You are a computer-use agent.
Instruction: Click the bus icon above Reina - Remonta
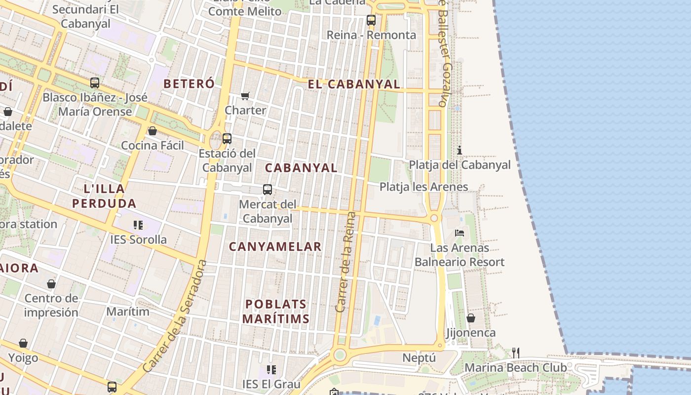(x=371, y=20)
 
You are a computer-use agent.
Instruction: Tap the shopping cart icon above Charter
(x=245, y=95)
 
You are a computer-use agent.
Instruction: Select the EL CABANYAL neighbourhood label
(x=354, y=84)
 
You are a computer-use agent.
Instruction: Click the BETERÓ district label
(x=189, y=84)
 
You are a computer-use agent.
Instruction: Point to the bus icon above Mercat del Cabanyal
(x=268, y=190)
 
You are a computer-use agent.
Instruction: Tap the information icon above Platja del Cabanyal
(x=460, y=150)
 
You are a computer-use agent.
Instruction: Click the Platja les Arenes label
(x=423, y=187)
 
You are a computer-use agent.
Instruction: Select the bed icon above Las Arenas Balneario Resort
(x=460, y=233)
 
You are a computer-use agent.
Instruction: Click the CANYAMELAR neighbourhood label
(x=275, y=246)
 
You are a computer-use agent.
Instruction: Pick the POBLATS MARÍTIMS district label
(x=276, y=312)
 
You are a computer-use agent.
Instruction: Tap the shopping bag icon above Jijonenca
(x=471, y=318)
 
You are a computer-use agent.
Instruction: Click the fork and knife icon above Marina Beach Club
(x=515, y=353)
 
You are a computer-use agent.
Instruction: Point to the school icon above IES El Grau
(x=271, y=369)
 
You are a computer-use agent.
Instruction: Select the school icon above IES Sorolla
(x=138, y=225)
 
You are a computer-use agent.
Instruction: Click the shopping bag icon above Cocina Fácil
(x=153, y=131)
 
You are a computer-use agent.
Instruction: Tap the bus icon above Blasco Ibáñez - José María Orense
(x=95, y=83)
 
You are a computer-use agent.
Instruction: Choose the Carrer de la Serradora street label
(x=175, y=316)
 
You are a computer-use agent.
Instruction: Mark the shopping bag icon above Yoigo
(x=23, y=343)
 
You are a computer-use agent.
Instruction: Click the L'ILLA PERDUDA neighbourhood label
(x=104, y=196)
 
